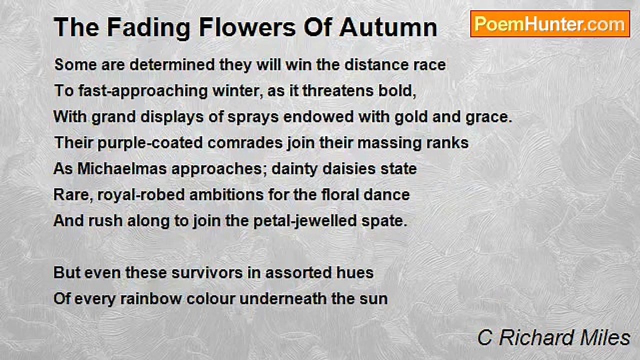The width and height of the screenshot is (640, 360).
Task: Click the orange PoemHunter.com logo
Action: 550,24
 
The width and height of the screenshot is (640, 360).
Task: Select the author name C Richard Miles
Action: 553,337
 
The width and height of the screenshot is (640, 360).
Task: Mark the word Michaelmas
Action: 122,168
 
